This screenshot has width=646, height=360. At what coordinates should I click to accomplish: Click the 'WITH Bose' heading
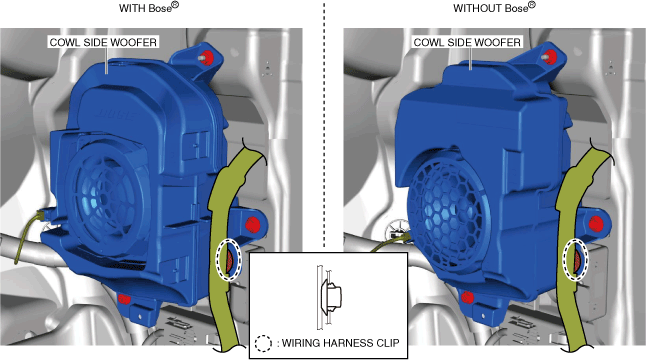coord(149,7)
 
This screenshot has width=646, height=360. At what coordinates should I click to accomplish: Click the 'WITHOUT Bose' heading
coord(494,7)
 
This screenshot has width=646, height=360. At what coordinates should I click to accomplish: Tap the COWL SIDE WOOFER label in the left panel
coord(103,42)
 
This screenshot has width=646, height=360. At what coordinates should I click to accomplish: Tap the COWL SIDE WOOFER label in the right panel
coord(467,42)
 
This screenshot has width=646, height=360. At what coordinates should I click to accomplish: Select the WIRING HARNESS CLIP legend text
coord(341,343)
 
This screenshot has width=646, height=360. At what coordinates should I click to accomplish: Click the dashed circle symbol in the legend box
coord(263,343)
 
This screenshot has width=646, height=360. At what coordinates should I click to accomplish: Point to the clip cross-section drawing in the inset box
coord(329,297)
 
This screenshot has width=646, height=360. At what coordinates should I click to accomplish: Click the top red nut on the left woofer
coord(207,56)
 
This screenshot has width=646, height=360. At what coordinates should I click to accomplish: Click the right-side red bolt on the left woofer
coord(253,225)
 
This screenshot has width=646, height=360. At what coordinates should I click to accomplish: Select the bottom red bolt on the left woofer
coord(124,298)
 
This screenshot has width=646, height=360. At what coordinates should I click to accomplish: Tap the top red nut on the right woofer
coord(550,56)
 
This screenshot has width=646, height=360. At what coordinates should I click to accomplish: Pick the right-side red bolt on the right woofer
coord(596,224)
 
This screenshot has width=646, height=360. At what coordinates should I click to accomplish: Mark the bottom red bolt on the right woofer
coord(467,297)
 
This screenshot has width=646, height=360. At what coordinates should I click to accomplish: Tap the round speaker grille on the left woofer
coord(104,198)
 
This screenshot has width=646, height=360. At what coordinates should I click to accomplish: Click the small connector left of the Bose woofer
coord(42,215)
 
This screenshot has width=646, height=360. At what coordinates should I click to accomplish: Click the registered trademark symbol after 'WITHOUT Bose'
coord(532,5)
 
